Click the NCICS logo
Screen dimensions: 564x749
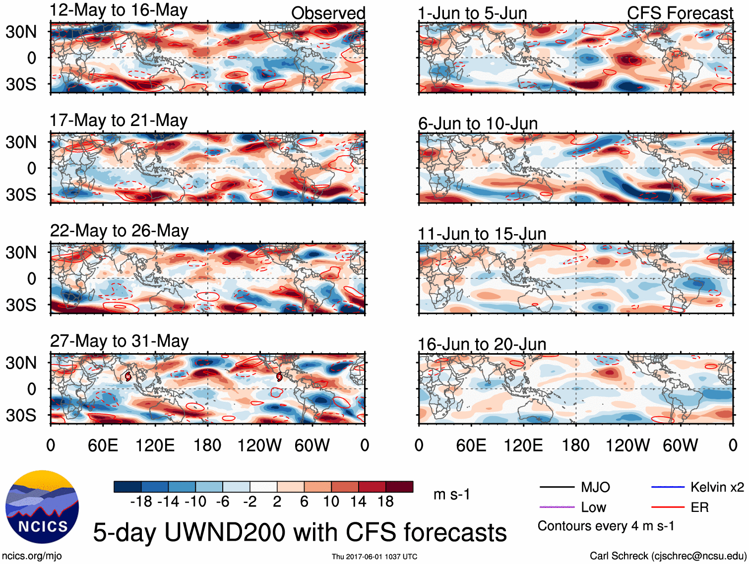point(42,506)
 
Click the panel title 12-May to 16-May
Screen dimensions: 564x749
point(119,10)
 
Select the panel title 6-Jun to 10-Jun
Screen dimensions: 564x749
point(478,123)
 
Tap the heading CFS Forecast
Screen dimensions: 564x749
point(680,13)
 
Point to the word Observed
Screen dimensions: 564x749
point(328,13)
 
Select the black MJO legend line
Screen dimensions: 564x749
point(557,487)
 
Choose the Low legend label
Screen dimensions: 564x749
point(593,507)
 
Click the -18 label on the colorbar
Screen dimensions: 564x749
point(141,501)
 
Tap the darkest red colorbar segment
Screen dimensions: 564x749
point(399,487)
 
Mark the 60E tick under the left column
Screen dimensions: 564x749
point(103,445)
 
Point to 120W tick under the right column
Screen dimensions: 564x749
point(627,445)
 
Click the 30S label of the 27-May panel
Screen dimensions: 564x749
point(21,415)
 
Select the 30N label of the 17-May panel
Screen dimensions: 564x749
point(21,142)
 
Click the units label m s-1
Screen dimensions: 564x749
point(451,495)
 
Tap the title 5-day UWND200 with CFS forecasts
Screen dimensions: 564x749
point(300,532)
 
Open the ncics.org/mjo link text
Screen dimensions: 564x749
point(32,556)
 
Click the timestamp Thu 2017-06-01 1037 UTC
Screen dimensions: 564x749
point(374,557)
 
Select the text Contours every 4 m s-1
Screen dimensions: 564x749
point(606,526)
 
